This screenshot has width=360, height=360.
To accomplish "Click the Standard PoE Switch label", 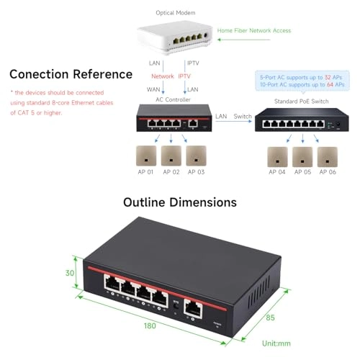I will [x=301, y=101].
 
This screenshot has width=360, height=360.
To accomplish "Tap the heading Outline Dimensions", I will [x=180, y=202].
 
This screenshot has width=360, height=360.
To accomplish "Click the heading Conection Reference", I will [x=71, y=74].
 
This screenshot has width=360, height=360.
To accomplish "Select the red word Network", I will [x=163, y=76].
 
